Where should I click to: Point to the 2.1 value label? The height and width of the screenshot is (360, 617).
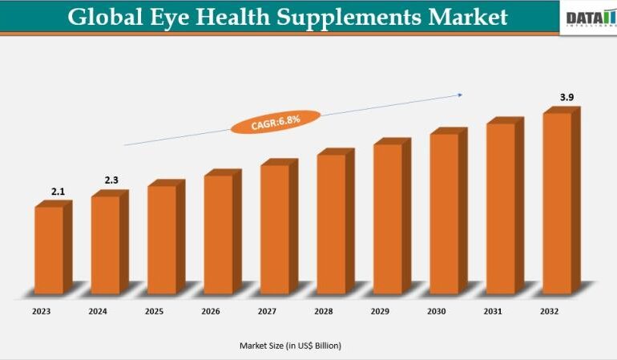tap(58, 192)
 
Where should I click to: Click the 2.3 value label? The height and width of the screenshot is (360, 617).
tap(111, 180)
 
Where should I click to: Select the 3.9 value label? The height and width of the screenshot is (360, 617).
tap(567, 97)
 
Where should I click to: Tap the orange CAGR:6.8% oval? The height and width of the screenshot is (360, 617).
tap(275, 122)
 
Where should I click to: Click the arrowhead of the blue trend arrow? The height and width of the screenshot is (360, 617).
tap(460, 95)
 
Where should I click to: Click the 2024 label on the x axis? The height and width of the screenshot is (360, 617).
tap(98, 310)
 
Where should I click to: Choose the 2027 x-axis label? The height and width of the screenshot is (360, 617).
tap(268, 310)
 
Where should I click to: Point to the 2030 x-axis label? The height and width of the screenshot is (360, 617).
tap(438, 310)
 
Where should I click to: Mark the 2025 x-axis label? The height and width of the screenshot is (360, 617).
tap(155, 310)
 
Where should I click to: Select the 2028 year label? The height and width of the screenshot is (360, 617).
tap(325, 310)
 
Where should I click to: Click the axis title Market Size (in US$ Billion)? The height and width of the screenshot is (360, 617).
tap(290, 346)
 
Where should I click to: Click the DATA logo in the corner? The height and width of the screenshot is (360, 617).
tap(590, 18)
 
